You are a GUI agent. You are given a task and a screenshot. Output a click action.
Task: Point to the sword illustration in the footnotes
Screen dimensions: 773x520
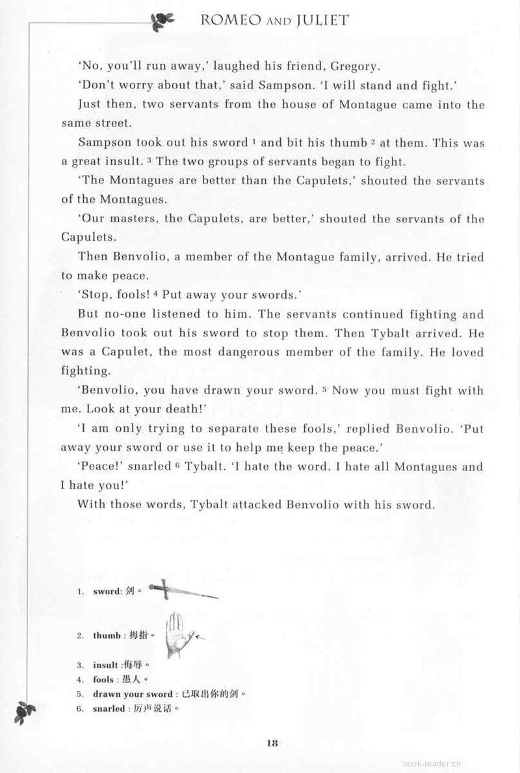[x=183, y=590]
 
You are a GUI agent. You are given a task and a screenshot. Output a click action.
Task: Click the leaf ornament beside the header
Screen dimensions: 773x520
[x=160, y=21]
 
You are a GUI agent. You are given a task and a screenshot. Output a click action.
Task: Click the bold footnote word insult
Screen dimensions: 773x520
[x=105, y=665]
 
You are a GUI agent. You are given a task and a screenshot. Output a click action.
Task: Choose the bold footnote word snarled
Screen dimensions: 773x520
[x=108, y=709]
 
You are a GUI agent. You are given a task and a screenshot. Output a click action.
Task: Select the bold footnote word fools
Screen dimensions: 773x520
[x=103, y=679]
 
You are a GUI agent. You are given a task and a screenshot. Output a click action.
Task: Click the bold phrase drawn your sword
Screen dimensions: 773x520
[x=133, y=694]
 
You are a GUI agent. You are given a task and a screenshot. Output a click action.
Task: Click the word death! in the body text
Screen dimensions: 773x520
[x=187, y=409]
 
